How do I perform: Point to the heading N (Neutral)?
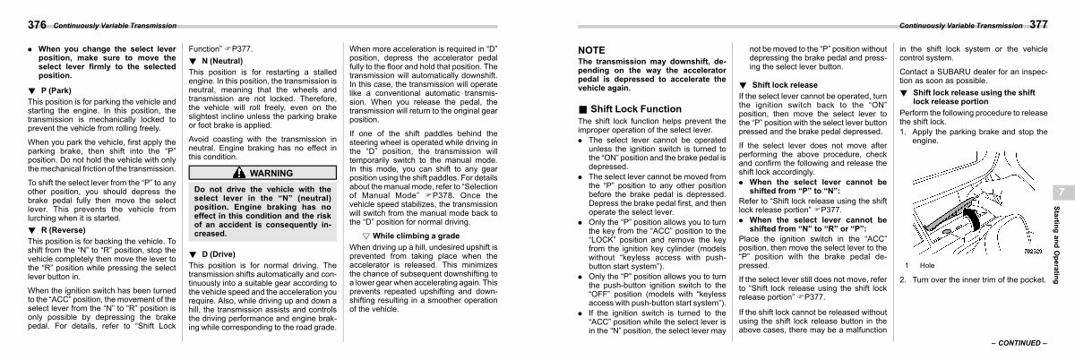tap(216, 59)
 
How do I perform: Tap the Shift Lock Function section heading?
tap(630, 108)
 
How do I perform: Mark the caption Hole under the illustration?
tap(926, 265)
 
